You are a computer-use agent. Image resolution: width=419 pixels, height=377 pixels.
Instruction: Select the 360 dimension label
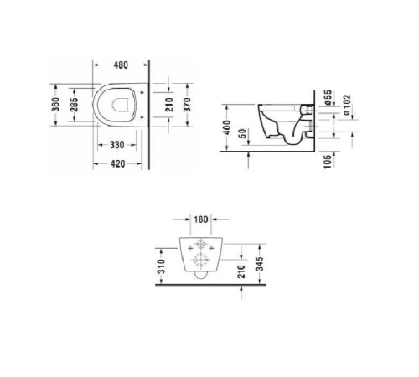pyautogui.click(x=55, y=105)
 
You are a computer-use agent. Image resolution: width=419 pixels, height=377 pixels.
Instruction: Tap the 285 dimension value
pyautogui.click(x=75, y=105)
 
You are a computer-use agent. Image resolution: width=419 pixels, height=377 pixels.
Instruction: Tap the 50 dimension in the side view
pyautogui.click(x=243, y=135)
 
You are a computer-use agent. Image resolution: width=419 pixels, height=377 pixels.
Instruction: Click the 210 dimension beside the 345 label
pyautogui.click(x=241, y=270)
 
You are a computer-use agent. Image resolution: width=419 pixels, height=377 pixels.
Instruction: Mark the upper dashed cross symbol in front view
pyautogui.click(x=200, y=247)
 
